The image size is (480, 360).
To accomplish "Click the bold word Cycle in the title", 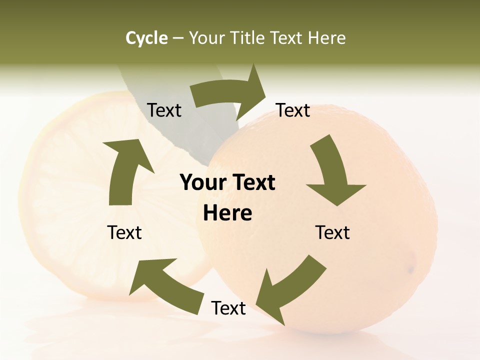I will pyautogui.click(x=146, y=38).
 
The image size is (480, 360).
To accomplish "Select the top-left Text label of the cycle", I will pyautogui.click(x=164, y=110).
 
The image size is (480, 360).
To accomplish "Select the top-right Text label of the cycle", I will pyautogui.click(x=293, y=110).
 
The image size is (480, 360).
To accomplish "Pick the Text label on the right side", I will pyautogui.click(x=332, y=232).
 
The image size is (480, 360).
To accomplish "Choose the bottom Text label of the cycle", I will pyautogui.click(x=228, y=308).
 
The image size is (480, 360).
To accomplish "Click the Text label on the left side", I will pyautogui.click(x=124, y=232).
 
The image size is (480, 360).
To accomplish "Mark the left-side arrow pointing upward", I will pyautogui.click(x=125, y=170).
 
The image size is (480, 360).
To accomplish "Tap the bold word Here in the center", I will pyautogui.click(x=227, y=213).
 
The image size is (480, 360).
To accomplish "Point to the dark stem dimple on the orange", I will pyautogui.click(x=411, y=270).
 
